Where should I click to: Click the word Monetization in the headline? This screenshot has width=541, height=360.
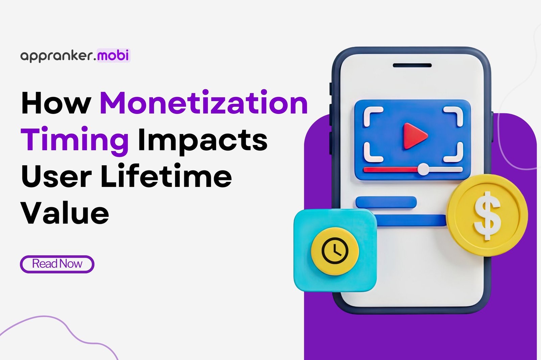[204, 103]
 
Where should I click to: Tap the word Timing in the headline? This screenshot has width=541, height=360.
[75, 140]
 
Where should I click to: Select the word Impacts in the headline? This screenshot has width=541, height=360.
[203, 140]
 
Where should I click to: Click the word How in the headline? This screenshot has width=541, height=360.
[56, 103]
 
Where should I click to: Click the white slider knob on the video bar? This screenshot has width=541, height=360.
[423, 169]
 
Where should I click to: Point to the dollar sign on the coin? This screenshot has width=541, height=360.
[487, 215]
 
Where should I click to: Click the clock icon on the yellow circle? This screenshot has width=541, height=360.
[335, 251]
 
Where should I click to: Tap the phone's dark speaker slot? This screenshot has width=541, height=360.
[412, 65]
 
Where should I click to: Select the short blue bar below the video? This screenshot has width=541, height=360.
[386, 202]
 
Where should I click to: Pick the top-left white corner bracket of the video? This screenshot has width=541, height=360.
[372, 115]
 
